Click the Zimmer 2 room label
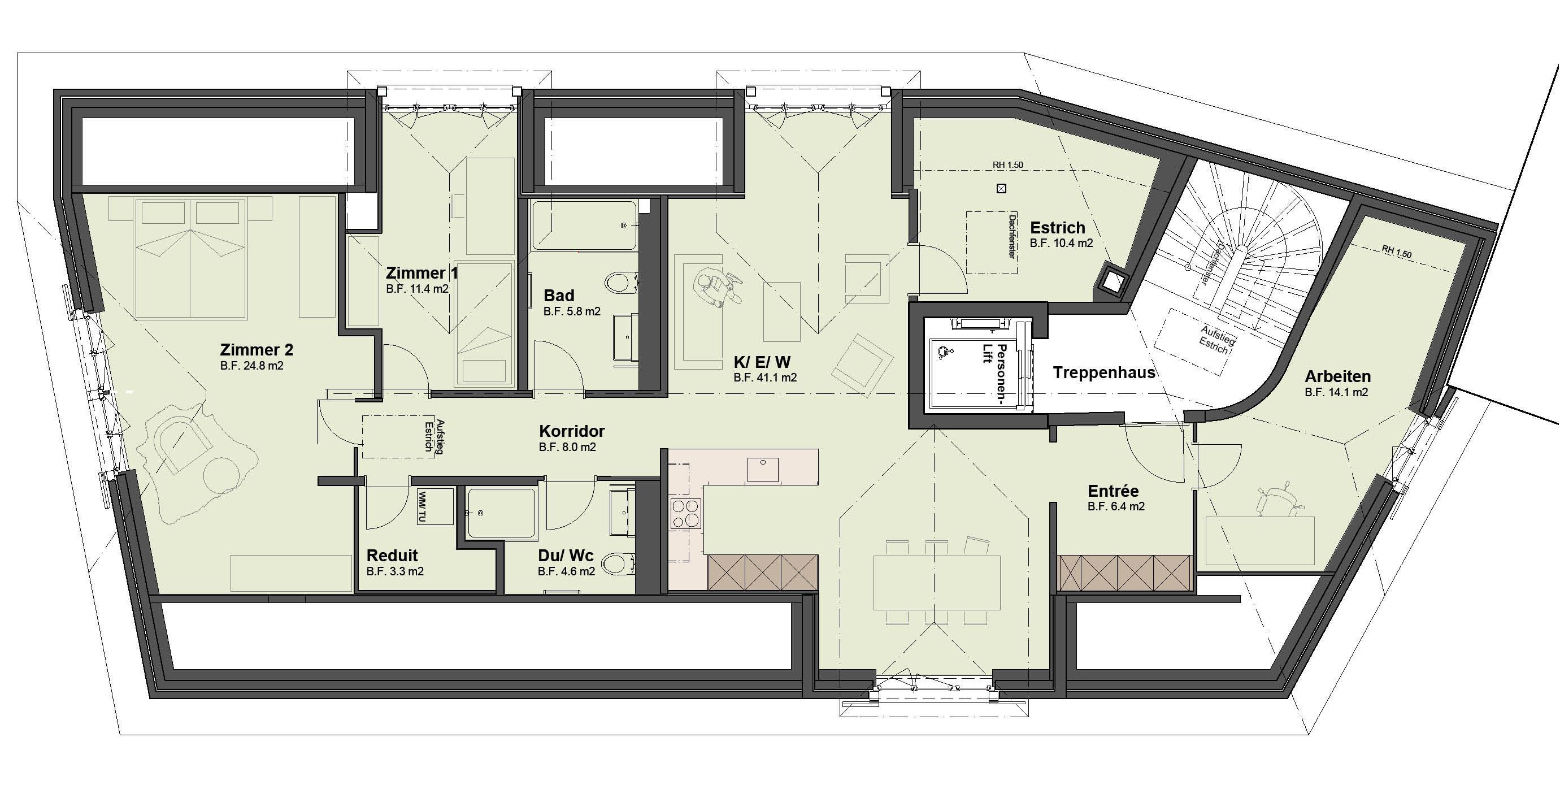(256, 349)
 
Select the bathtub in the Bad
(584, 225)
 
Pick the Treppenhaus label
(1104, 372)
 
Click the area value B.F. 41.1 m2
(765, 378)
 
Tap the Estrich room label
(1057, 228)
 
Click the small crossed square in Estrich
(1001, 188)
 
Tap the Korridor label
(572, 431)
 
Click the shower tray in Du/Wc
(501, 513)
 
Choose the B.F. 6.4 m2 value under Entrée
(1116, 506)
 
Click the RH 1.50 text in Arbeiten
(1397, 251)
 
